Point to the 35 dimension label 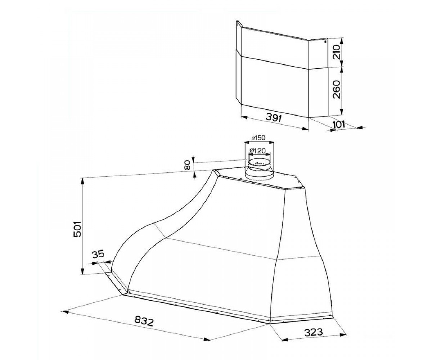(x=98, y=254)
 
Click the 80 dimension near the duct (x=188, y=166)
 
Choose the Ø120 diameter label (x=257, y=151)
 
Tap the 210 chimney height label (x=337, y=52)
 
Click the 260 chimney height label (x=337, y=89)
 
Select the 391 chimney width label (x=274, y=118)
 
